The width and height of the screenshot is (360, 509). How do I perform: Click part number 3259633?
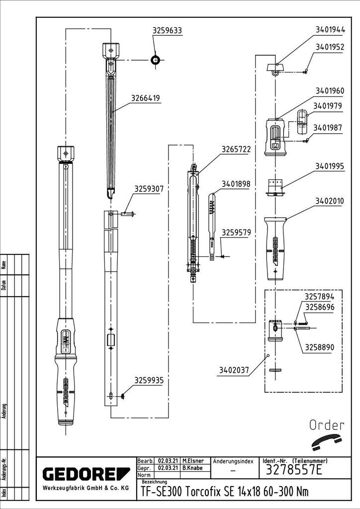pyautogui.click(x=167, y=31)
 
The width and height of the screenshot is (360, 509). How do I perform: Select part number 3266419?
pyautogui.click(x=146, y=98)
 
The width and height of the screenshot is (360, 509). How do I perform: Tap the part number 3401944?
pyautogui.click(x=330, y=30)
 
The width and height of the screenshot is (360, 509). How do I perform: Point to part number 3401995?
pyautogui.click(x=330, y=167)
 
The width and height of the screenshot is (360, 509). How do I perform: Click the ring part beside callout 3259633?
pyautogui.click(x=156, y=60)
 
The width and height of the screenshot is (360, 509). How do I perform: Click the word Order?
pyautogui.click(x=327, y=425)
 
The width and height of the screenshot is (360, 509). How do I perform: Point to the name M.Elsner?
pyautogui.click(x=193, y=461)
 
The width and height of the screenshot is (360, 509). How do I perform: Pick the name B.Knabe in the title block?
pyautogui.click(x=192, y=468)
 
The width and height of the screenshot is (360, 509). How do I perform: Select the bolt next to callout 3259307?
pyautogui.click(x=127, y=214)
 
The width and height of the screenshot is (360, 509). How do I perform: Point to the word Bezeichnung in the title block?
pyautogui.click(x=154, y=482)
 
